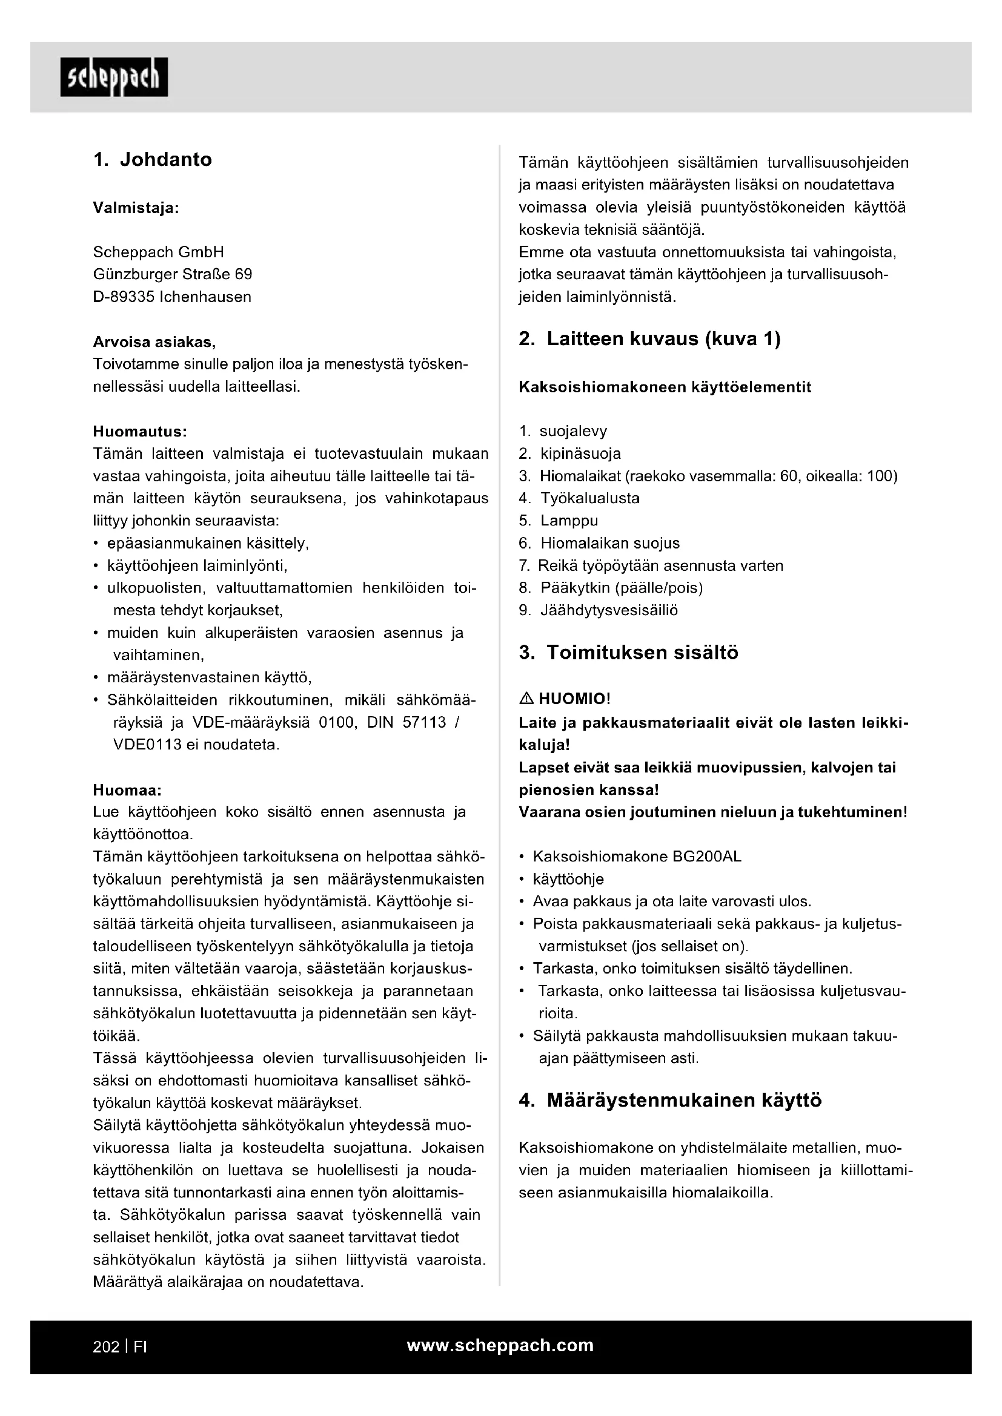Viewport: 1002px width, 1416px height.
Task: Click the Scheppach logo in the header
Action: coord(114,77)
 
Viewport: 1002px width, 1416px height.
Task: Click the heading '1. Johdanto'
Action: coord(153,160)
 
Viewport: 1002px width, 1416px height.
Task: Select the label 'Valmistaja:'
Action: coord(136,208)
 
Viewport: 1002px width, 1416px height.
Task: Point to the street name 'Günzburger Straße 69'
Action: coord(172,274)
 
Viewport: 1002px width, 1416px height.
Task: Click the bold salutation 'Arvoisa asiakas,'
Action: coord(154,341)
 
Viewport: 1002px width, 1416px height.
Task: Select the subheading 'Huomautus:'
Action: coord(140,430)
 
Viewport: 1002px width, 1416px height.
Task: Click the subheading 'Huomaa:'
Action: coord(127,790)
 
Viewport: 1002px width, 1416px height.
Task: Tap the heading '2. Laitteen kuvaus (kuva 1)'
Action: coord(649,339)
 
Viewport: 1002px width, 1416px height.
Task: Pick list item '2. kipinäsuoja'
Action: coord(570,454)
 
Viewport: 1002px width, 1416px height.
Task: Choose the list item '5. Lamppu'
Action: coord(559,521)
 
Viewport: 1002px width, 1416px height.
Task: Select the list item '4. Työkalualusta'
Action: coord(579,498)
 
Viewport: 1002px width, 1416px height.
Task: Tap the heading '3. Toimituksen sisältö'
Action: coord(629,653)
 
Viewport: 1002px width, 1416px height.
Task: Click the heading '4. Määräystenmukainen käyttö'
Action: coord(670,1101)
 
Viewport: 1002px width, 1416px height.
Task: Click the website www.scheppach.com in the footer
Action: coord(500,1346)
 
